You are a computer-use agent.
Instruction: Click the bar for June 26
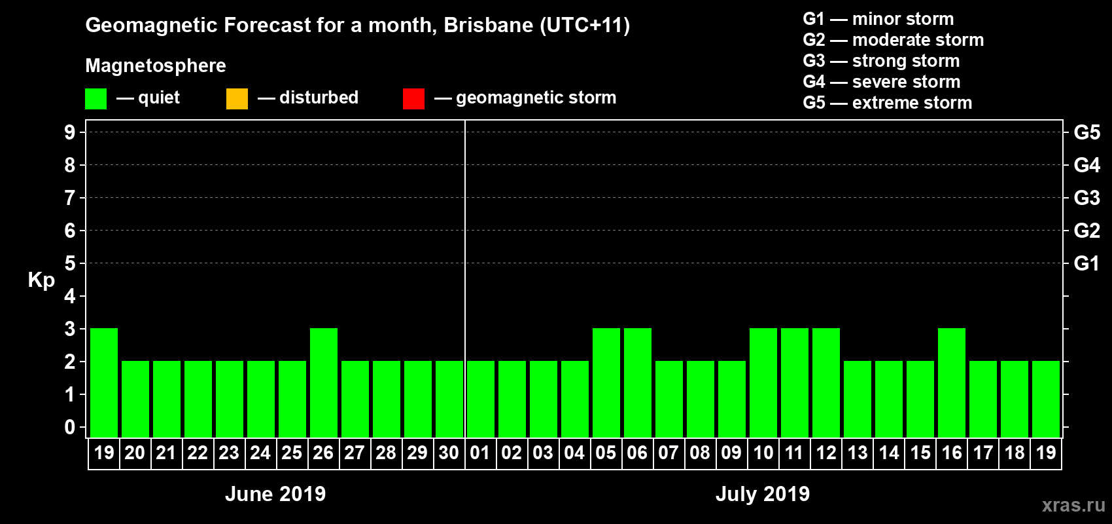(x=324, y=383)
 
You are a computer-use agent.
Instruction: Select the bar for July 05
(x=606, y=383)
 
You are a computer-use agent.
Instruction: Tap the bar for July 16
(x=952, y=383)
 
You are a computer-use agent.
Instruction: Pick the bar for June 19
(x=104, y=383)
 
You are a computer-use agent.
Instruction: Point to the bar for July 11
(x=795, y=383)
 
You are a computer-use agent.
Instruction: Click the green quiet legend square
(x=96, y=99)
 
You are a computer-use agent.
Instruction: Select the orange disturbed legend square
(x=237, y=99)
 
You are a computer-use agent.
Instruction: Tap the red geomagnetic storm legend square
(x=413, y=99)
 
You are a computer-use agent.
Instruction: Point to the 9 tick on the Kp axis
(x=70, y=132)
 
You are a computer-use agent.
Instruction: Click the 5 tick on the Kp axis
(x=70, y=263)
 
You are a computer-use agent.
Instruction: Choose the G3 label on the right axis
(x=1086, y=198)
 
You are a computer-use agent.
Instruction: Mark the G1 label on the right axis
(x=1086, y=263)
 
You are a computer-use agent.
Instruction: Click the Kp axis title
(x=41, y=280)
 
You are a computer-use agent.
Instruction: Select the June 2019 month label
(x=275, y=494)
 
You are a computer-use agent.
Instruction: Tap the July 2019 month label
(x=763, y=494)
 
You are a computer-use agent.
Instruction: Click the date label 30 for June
(x=449, y=453)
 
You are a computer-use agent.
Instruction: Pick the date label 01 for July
(x=480, y=453)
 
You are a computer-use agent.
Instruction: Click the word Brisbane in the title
(x=489, y=26)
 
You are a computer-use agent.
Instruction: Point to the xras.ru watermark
(x=1073, y=505)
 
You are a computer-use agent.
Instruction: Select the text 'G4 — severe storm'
(x=882, y=82)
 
